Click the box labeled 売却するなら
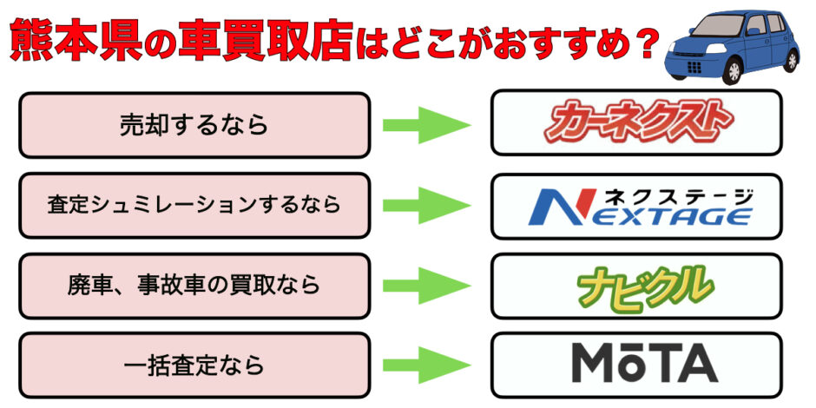click(x=194, y=125)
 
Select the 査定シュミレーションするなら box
click(x=194, y=205)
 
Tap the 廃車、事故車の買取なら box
click(x=194, y=286)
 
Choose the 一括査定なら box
click(x=194, y=365)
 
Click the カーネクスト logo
click(x=636, y=123)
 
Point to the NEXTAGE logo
click(x=640, y=207)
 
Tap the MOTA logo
click(x=645, y=363)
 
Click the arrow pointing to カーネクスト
click(x=427, y=125)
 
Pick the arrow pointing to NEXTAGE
click(x=427, y=205)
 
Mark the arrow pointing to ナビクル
click(x=427, y=286)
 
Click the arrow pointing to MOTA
click(x=427, y=365)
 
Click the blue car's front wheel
click(x=734, y=71)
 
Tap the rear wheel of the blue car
click(x=792, y=59)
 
